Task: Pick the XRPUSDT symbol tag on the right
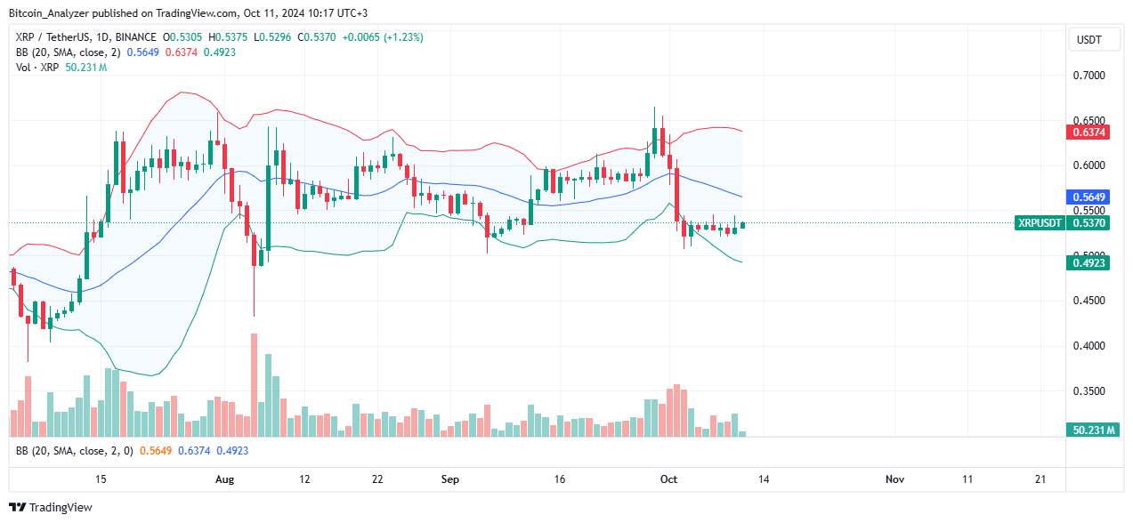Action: point(1039,223)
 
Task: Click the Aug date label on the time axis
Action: point(224,479)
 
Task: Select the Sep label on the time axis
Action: point(450,479)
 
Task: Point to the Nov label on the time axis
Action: point(895,479)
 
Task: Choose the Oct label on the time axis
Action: point(669,479)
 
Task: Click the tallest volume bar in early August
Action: point(255,385)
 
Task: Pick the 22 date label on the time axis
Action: point(377,479)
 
